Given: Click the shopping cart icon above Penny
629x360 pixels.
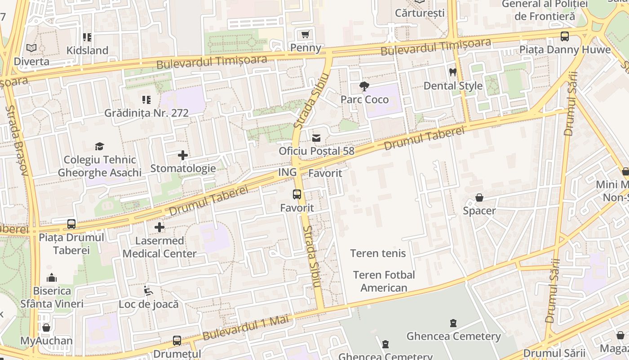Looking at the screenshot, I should click(306, 35).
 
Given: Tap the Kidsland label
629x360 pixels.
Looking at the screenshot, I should click(87, 50).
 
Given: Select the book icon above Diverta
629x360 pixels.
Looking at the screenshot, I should click(31, 48).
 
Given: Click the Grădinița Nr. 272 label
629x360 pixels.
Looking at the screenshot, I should click(146, 112).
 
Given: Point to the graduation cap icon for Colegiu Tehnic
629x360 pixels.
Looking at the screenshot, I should click(99, 146).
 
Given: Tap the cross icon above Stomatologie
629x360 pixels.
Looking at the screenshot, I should click(183, 155).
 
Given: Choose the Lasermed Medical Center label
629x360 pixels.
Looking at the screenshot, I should click(159, 247).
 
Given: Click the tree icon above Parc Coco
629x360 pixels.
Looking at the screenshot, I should click(364, 86).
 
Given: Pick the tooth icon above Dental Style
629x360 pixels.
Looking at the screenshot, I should click(453, 72).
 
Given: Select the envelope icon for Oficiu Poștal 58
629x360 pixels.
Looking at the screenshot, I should click(317, 138).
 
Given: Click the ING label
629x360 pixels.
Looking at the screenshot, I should click(288, 172).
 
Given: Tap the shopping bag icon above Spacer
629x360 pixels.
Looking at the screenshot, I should click(479, 198).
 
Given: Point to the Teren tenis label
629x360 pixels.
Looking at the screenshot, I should click(378, 253).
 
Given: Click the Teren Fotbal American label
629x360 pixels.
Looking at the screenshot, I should click(384, 281).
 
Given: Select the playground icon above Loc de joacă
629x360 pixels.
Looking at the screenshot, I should click(148, 291).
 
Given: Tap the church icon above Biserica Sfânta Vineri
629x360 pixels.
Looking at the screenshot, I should click(52, 278).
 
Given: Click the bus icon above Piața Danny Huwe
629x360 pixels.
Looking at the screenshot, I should click(565, 36).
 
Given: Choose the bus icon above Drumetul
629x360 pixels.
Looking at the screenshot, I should click(177, 341).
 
